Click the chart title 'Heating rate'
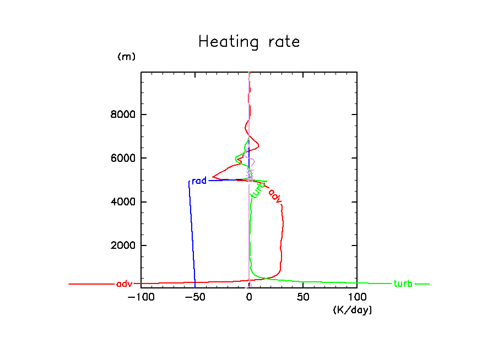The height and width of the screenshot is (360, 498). (x=249, y=42)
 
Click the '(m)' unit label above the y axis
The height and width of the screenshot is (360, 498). (x=126, y=57)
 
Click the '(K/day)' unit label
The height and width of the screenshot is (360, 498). (x=353, y=310)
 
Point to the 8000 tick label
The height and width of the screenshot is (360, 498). (x=122, y=114)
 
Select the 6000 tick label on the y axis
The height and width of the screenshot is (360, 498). (x=122, y=159)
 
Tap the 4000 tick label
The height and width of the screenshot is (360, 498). (x=122, y=202)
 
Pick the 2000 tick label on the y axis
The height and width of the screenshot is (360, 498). (x=122, y=246)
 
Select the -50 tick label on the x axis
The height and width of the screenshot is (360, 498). (x=193, y=297)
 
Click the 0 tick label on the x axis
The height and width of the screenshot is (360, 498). (x=249, y=297)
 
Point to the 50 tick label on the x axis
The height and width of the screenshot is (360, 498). (x=303, y=297)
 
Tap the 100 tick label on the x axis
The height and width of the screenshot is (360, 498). (x=357, y=297)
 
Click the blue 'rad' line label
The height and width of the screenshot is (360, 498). (x=199, y=181)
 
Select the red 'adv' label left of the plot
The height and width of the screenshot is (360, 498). (x=124, y=284)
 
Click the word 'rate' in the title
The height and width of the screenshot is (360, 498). (x=283, y=42)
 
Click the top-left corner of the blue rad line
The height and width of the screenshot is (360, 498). (x=189, y=181)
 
